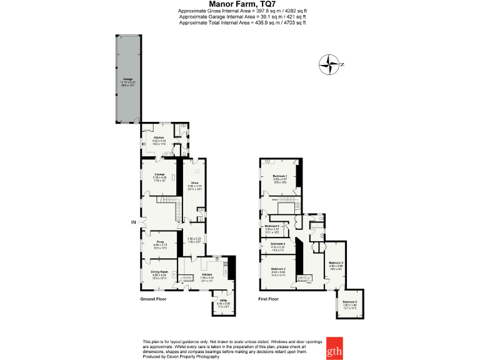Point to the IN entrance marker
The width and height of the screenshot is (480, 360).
[x=132, y=222]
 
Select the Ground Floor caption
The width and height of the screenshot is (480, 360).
[x=154, y=299]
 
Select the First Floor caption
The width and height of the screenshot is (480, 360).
[x=268, y=299]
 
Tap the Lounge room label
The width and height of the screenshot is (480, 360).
[x=159, y=174]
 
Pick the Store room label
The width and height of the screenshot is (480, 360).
[x=194, y=182]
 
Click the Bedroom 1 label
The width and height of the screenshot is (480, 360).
[x=279, y=176]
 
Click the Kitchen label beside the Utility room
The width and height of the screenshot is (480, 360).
[x=207, y=274]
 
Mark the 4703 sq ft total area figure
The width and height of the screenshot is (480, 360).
[x=294, y=22]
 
